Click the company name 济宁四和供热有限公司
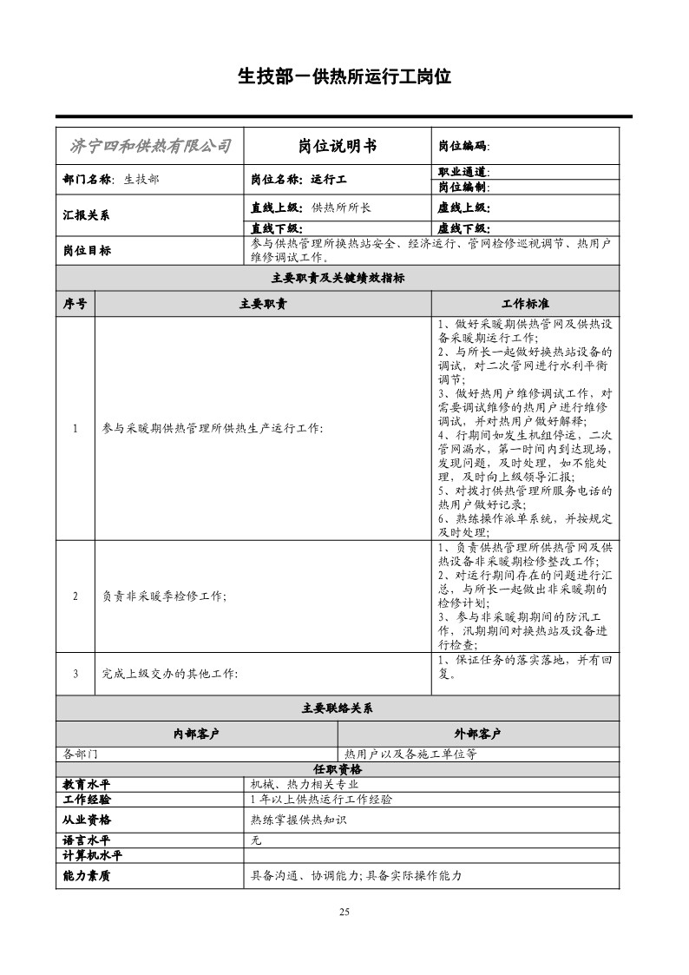(x=149, y=146)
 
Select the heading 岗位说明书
(x=338, y=146)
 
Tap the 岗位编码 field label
(x=463, y=146)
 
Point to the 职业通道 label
(x=463, y=172)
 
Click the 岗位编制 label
(x=463, y=187)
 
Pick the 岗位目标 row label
(x=87, y=250)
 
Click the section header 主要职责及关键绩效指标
(x=338, y=279)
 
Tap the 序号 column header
(x=75, y=304)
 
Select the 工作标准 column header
(x=525, y=304)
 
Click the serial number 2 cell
(x=75, y=596)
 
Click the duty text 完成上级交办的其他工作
(x=170, y=673)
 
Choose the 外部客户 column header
(x=478, y=734)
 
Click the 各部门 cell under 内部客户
(x=82, y=754)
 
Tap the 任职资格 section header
(x=338, y=769)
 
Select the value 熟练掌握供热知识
(x=298, y=820)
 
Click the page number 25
(x=344, y=911)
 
